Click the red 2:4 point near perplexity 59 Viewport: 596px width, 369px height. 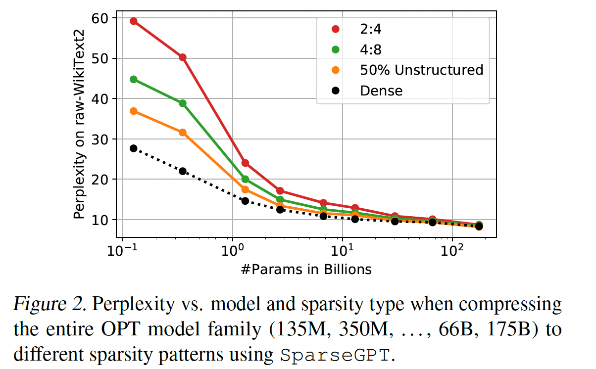[133, 21]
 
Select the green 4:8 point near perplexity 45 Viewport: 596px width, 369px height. [133, 79]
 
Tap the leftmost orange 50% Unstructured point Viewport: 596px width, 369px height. [133, 111]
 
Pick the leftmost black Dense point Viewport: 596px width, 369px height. [133, 148]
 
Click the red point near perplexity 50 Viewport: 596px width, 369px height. [183, 57]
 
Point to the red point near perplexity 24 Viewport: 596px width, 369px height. [245, 163]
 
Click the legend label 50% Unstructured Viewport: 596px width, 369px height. [421, 70]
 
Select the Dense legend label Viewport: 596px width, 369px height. [381, 91]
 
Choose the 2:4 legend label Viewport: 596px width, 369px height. [371, 29]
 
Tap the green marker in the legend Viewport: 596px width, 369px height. [336, 49]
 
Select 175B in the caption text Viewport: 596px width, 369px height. [508, 329]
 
